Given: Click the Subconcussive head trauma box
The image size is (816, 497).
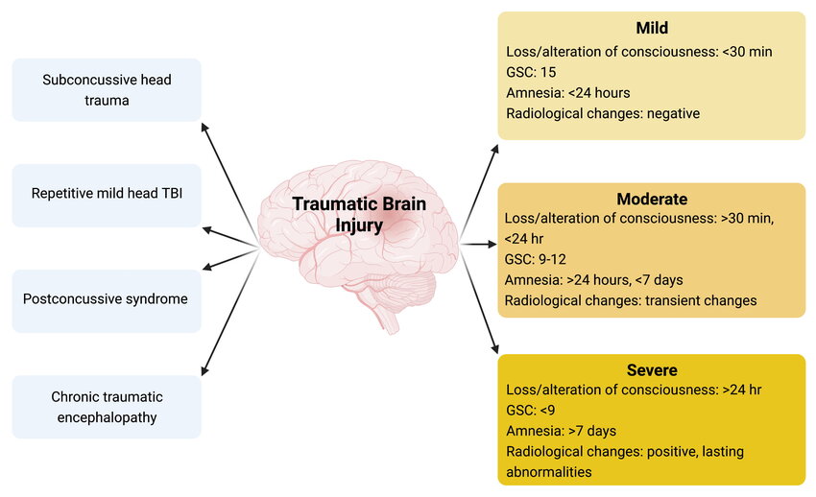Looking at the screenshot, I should [x=107, y=89].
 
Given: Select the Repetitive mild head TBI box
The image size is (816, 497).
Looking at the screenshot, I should [x=107, y=195].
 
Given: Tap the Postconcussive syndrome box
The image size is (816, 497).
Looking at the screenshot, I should [x=107, y=298].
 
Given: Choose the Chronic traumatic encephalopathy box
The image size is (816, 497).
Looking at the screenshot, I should [x=107, y=407].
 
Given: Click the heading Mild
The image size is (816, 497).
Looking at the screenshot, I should [x=651, y=29].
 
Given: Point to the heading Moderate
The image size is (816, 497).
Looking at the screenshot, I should [x=651, y=200].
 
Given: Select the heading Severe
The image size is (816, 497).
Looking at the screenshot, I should [x=651, y=370].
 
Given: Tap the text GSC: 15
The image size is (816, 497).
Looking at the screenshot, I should [x=531, y=72].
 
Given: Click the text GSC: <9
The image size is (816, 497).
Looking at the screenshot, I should [x=531, y=411].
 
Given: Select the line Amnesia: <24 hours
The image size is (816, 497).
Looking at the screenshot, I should [x=567, y=93].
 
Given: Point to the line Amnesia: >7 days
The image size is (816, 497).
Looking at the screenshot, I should [x=561, y=431].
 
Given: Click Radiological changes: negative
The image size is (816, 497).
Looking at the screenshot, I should [x=602, y=113].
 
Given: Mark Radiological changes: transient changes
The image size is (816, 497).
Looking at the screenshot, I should [x=630, y=300].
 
